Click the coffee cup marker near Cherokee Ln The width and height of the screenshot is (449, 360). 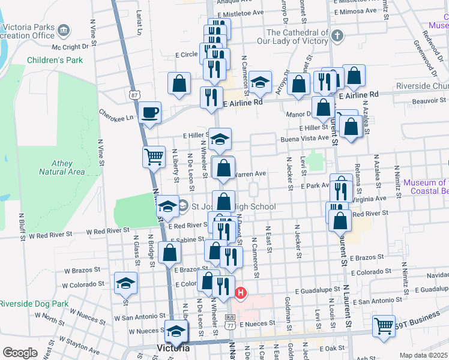pos(149,112)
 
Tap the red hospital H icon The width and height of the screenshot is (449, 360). pos(241,293)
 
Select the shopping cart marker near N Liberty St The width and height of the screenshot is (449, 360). pos(154,157)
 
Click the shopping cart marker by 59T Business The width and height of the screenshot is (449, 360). pos(384,326)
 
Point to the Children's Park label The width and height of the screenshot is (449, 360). pos(55,61)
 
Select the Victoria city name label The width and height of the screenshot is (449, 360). pos(173,348)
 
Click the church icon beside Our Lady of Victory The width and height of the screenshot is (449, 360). pos(337,36)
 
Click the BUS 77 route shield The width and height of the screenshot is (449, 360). pos(230,322)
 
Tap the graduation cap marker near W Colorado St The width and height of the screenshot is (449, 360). pos(126,283)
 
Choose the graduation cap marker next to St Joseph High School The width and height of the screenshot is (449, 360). pos(169,207)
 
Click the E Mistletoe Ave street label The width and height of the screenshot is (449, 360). pos(241,12)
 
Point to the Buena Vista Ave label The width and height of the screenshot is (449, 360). pos(305,137)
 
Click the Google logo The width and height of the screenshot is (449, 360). pos(20,353)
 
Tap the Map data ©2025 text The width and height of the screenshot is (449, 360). pos(423,355)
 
